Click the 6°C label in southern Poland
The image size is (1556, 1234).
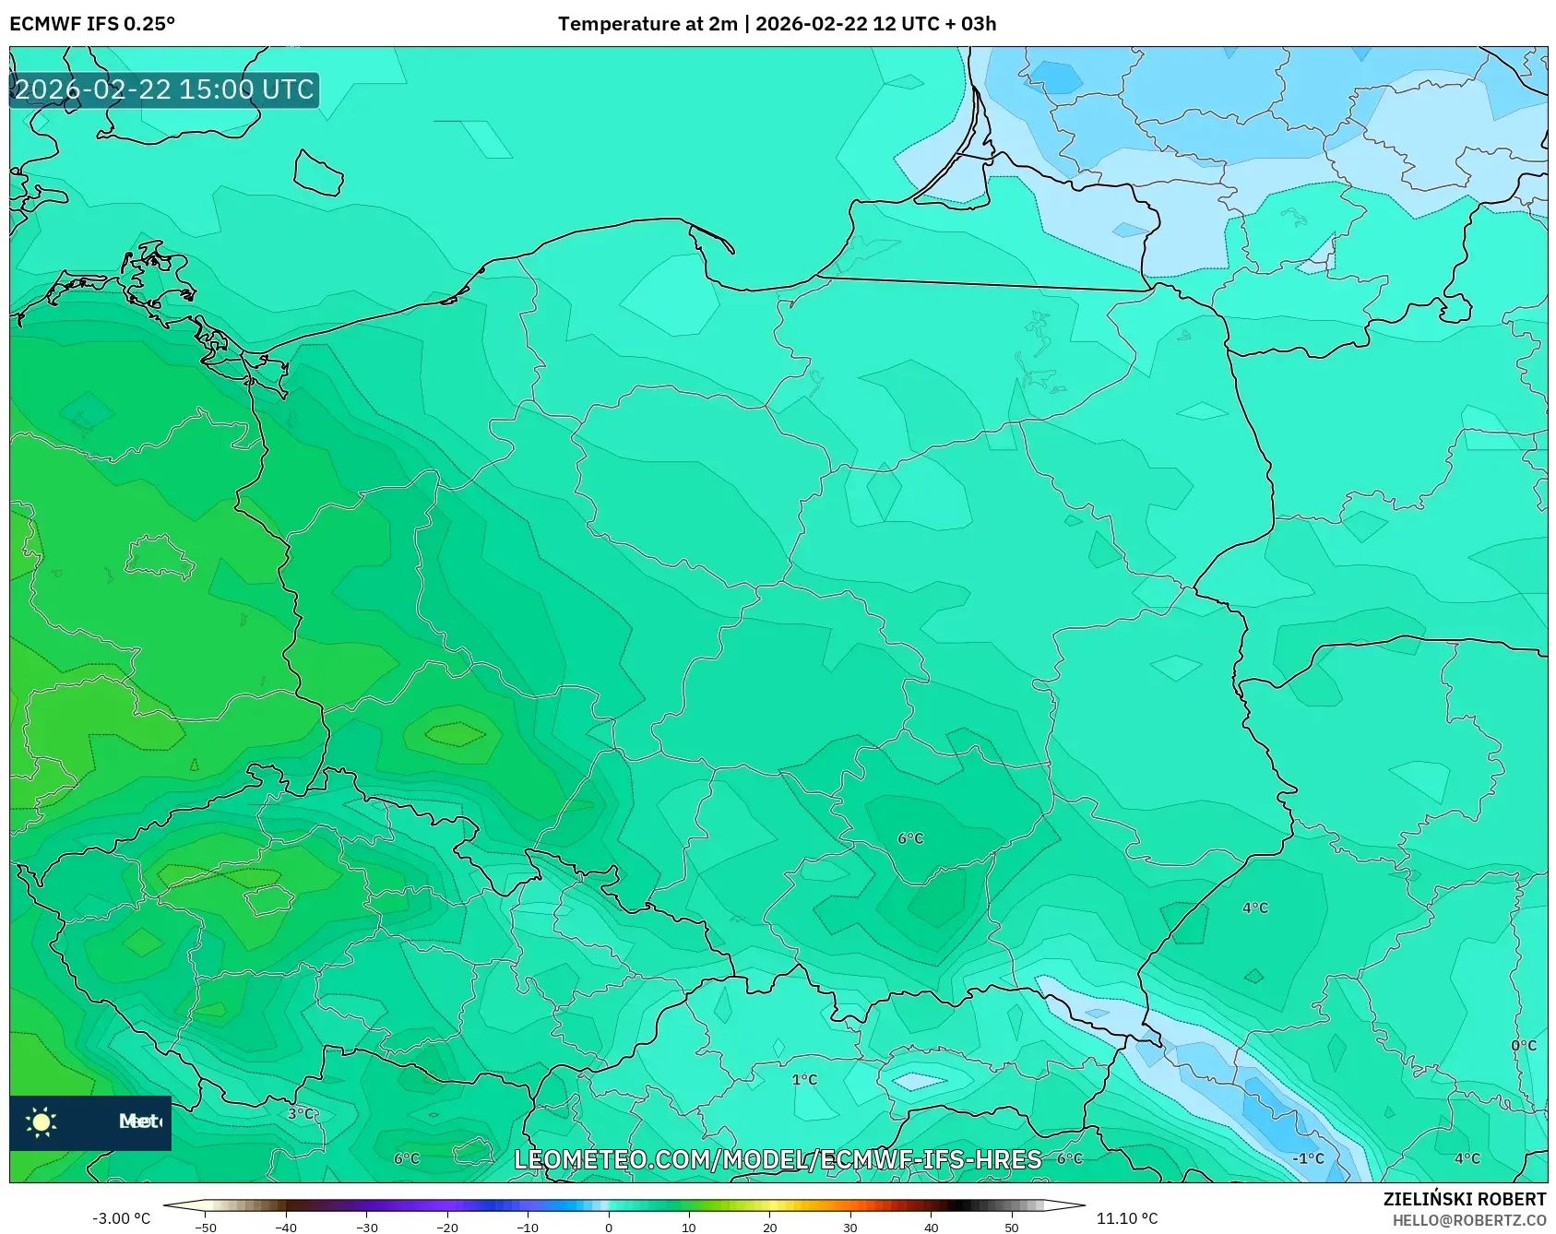point(910,838)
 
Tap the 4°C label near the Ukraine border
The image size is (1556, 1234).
point(1255,908)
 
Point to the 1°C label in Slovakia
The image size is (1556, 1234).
point(804,1080)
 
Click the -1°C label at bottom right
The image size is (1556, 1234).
point(1308,1159)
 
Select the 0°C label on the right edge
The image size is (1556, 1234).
point(1524,1046)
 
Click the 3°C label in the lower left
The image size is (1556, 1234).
point(301,1114)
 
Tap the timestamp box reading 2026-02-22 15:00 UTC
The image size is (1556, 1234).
point(164,90)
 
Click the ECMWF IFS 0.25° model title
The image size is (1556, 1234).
point(92,24)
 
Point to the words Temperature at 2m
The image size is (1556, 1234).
point(647,24)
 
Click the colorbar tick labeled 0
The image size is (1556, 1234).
point(608,1227)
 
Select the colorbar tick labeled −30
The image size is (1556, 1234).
point(366,1227)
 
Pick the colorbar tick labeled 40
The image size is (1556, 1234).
point(931,1227)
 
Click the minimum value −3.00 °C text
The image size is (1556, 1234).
point(121,1218)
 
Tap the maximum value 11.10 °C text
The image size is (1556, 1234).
point(1127,1218)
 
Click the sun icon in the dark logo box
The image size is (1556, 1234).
point(42,1122)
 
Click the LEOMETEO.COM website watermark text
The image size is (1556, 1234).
point(778,1160)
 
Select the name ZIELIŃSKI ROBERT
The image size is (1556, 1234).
point(1464,1200)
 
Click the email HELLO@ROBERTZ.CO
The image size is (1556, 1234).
point(1468,1220)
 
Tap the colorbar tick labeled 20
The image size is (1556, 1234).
point(769,1227)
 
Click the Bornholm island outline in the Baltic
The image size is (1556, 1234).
point(318,172)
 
